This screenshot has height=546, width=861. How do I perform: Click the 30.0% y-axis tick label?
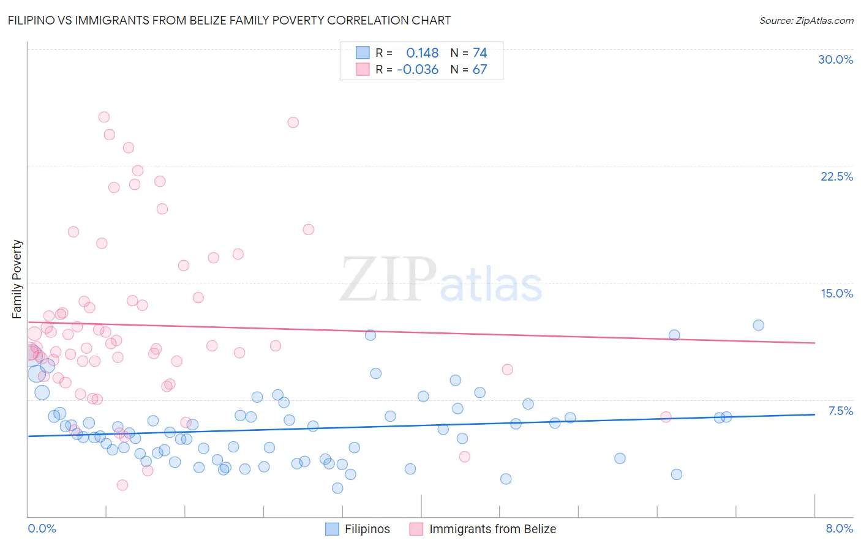[x=835, y=59]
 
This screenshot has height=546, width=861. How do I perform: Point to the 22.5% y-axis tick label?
[x=837, y=176]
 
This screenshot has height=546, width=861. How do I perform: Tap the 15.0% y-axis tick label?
[x=837, y=293]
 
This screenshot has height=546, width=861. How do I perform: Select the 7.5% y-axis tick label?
[x=840, y=411]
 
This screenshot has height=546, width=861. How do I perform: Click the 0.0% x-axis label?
[x=42, y=528]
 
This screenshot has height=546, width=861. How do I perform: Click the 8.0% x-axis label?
[x=839, y=528]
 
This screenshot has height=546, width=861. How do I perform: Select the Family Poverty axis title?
[x=17, y=279]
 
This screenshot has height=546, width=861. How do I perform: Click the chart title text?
[x=229, y=20]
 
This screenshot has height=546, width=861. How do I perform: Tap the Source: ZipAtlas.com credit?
[x=806, y=20]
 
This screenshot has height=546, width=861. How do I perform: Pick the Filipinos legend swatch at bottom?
[x=332, y=529]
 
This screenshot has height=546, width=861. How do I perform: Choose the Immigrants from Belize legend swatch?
[x=416, y=529]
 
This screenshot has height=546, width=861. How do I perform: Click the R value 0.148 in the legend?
[x=422, y=53]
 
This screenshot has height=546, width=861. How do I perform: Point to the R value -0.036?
[x=418, y=70]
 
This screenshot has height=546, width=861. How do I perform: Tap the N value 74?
[x=479, y=53]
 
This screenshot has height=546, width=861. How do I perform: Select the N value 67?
[x=479, y=70]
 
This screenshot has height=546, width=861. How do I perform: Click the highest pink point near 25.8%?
[x=104, y=117]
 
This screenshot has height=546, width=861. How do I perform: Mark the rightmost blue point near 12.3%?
[x=758, y=325]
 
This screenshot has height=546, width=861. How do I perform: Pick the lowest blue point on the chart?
[x=337, y=488]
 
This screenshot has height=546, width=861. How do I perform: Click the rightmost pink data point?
[x=666, y=417]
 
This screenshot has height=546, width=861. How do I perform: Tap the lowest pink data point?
[x=122, y=485]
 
